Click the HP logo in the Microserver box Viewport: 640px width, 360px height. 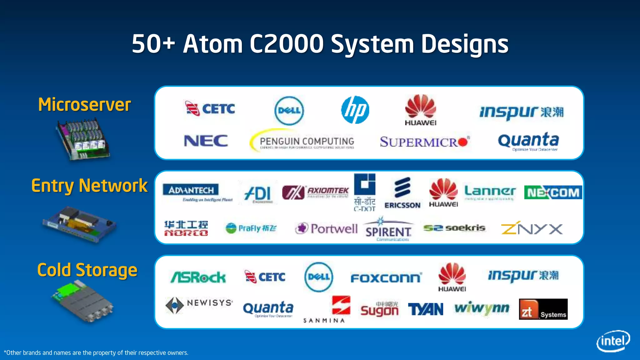tap(355, 110)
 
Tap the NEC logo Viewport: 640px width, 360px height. tap(206, 141)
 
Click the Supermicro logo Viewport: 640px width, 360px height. tap(424, 142)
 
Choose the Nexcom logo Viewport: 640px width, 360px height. tap(553, 192)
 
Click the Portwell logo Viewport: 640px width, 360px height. tap(327, 228)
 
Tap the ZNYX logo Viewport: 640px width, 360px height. tap(532, 228)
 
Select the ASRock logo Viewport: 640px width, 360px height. tap(198, 277)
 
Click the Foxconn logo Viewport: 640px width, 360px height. tap(386, 278)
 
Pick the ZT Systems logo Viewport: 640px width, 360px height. tap(543, 309)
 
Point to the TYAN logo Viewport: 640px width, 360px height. tap(425, 309)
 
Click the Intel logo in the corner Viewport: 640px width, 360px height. tap(613, 341)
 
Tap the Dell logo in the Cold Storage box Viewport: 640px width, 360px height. tap(319, 277)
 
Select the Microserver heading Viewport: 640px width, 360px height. tap(84, 104)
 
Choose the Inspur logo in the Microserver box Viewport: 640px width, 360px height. tap(521, 112)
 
